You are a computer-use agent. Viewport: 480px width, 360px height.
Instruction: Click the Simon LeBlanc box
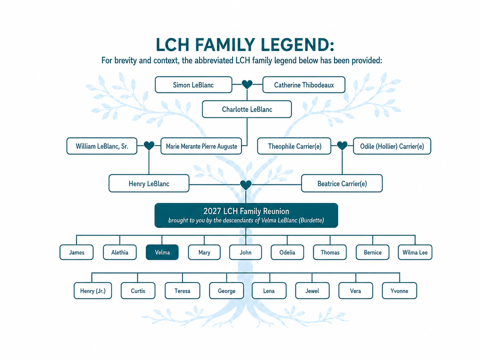pos(193,85)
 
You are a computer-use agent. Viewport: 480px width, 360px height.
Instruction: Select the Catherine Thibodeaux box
pos(304,85)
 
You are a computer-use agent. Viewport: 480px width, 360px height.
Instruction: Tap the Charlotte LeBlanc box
pos(247,109)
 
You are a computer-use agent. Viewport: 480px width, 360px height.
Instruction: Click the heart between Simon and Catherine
pos(247,84)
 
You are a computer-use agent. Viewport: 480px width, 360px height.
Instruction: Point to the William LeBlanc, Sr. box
pos(102,146)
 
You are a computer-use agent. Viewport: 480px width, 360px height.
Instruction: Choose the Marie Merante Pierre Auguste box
pos(201,146)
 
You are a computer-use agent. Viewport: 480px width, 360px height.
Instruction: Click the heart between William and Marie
pos(149,146)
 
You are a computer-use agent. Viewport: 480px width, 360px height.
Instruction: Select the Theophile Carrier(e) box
pos(294,146)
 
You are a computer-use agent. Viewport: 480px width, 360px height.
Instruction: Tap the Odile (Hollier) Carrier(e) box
pos(392,146)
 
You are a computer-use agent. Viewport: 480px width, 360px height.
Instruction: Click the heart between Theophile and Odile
pos(342,146)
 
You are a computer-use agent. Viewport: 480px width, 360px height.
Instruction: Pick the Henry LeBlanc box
pos(149,183)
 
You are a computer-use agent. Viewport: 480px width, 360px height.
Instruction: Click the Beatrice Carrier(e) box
pos(342,183)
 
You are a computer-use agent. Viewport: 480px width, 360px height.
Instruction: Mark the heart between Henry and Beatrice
pos(246,185)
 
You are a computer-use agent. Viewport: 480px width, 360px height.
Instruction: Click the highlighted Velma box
pos(162,252)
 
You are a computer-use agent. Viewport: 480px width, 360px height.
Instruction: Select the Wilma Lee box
pos(415,252)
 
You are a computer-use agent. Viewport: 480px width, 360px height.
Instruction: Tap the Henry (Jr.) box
pos(93,291)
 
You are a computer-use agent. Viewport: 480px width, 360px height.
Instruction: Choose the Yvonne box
pos(399,291)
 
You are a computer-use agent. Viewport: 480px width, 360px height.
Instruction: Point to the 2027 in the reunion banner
pos(212,211)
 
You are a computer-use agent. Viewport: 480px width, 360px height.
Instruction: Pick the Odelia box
pos(287,252)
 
